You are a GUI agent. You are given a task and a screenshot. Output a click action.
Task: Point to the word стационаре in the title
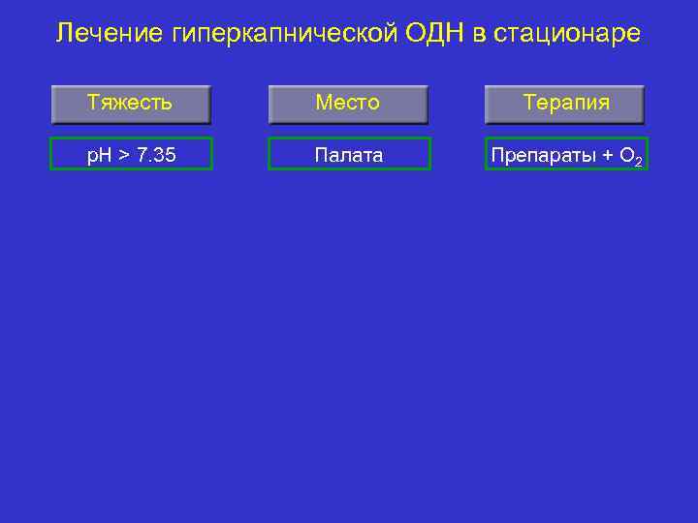coord(567,34)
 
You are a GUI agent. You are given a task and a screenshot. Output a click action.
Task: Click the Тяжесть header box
coord(130,104)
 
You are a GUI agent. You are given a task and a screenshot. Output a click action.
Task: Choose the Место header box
coord(347,104)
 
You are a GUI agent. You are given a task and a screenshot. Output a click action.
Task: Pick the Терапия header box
coord(565,104)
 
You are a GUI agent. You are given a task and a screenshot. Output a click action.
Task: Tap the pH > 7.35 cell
coord(131,154)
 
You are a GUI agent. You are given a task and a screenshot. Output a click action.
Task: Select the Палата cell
coord(348,154)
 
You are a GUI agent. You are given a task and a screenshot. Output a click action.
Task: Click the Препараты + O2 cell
coord(566,154)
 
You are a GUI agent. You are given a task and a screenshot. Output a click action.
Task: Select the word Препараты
coord(544,154)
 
